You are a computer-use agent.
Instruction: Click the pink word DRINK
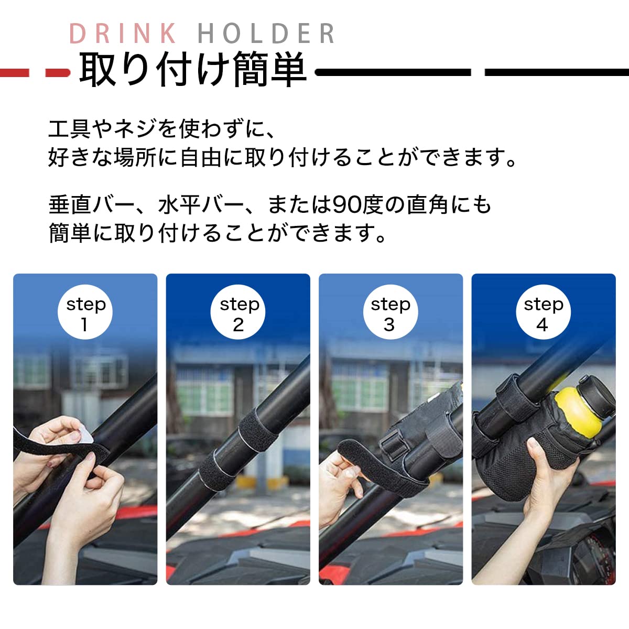[x=123, y=33]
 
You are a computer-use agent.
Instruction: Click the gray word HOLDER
[x=266, y=33]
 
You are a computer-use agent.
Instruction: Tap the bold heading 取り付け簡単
[x=193, y=69]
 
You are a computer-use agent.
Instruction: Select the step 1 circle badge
[x=85, y=312]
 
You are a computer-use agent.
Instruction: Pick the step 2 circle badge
[x=238, y=312]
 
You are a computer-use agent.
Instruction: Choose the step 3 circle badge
[x=391, y=312]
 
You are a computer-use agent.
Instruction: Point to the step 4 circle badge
[x=544, y=312]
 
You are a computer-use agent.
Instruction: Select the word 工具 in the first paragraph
[x=69, y=129]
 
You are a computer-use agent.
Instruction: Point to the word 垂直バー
[x=91, y=205]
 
